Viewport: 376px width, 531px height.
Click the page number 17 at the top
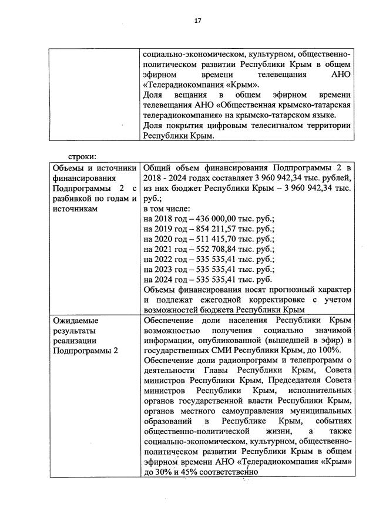pos(198,22)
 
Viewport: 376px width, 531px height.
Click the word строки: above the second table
pos(82,156)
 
